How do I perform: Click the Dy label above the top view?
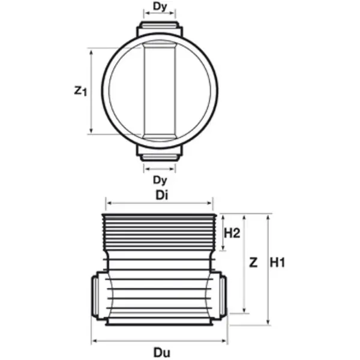tap(160, 7)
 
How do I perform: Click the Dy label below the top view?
tap(160, 179)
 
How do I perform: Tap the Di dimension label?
tap(159, 196)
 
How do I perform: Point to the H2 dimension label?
tap(232, 233)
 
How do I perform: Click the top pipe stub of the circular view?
tap(160, 28)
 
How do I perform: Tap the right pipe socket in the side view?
tap(222, 295)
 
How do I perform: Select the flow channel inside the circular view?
tap(160, 91)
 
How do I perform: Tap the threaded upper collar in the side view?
tap(160, 234)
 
